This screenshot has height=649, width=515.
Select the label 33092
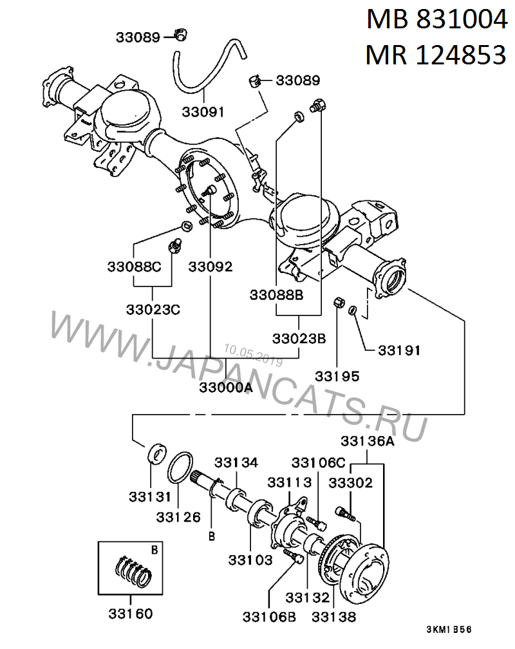click(x=211, y=266)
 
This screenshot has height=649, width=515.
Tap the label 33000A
click(x=225, y=388)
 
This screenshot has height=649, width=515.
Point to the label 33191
click(x=399, y=351)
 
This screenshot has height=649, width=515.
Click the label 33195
click(x=337, y=376)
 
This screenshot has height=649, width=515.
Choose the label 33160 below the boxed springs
click(x=131, y=614)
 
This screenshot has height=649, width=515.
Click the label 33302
click(x=350, y=482)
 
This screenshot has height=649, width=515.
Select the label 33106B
click(x=269, y=617)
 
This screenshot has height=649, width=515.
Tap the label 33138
click(x=333, y=617)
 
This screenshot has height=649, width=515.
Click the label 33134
click(x=236, y=462)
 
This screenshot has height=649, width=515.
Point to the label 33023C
click(x=153, y=309)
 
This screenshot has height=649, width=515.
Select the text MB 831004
click(x=436, y=21)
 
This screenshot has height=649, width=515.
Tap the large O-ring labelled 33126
click(x=182, y=466)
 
